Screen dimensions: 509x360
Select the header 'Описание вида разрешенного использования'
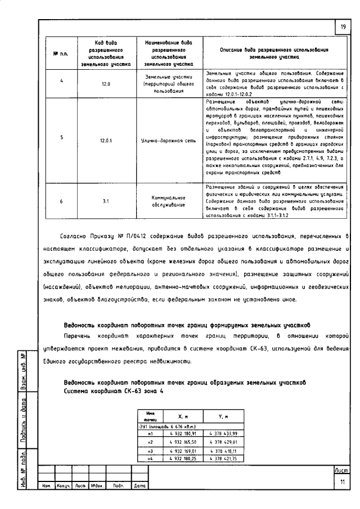coord(273,53)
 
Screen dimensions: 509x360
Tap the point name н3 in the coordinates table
coord(150,451)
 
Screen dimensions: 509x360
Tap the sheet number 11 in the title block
coord(342,481)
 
